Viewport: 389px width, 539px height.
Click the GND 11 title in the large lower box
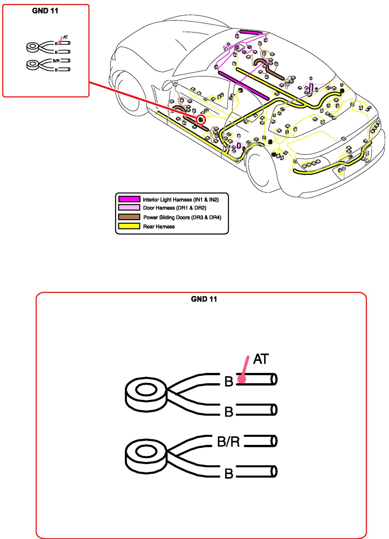[x=204, y=299]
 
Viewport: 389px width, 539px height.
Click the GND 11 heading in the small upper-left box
[x=45, y=11]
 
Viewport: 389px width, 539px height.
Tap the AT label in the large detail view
[x=261, y=359]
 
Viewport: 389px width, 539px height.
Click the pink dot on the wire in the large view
[x=242, y=379]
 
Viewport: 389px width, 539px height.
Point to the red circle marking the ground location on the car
[x=201, y=120]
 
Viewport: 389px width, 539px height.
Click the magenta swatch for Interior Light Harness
[x=129, y=199]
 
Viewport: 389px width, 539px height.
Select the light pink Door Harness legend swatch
[x=129, y=208]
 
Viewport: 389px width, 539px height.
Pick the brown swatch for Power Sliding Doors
[x=129, y=217]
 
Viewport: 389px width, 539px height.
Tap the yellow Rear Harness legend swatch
[x=129, y=226]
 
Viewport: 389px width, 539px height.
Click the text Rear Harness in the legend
[x=159, y=227]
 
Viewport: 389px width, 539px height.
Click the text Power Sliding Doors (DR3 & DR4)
[x=182, y=217]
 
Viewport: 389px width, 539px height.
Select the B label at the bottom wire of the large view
[x=229, y=474]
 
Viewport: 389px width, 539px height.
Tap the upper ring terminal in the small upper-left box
[x=33, y=47]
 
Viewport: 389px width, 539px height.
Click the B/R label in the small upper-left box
[x=56, y=61]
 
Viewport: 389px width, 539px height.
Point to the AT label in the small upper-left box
[x=65, y=37]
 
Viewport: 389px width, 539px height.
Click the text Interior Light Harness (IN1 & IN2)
[x=181, y=200]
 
